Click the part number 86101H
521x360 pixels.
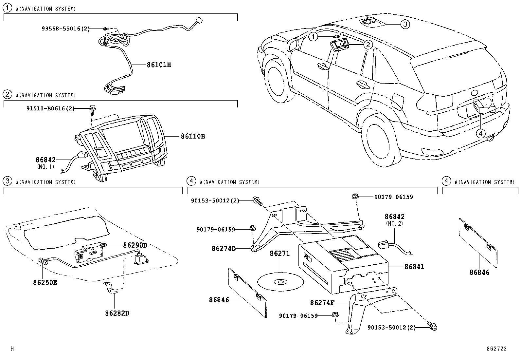tap(159, 65)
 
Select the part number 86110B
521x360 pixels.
tap(193, 136)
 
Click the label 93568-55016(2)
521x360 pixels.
tap(65, 28)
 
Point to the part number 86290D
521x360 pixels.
tap(135, 245)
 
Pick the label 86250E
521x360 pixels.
tap(45, 282)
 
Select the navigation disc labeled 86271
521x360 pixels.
tap(280, 282)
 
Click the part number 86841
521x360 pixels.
tap(414, 267)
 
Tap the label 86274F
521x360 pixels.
tap(324, 303)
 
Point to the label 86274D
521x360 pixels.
tap(224, 248)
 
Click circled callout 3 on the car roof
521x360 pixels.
tap(405, 24)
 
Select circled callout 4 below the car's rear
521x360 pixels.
tap(480, 133)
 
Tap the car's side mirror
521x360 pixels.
tap(293, 45)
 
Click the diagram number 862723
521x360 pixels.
tap(496, 349)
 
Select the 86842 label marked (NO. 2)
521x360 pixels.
tap(394, 217)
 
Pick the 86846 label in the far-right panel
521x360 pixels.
tap(479, 272)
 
